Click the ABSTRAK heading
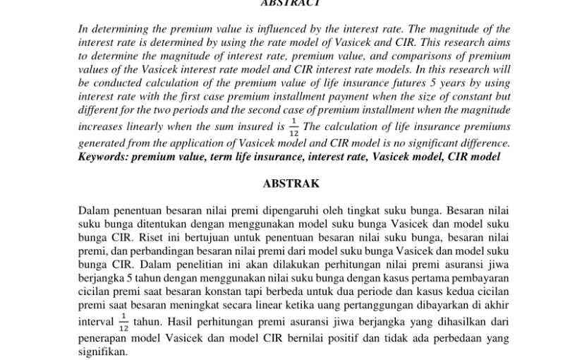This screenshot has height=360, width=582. click(x=291, y=184)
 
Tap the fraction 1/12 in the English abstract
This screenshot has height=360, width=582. click(x=295, y=128)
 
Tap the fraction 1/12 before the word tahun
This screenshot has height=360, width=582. click(x=124, y=323)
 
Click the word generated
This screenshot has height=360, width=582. click(x=101, y=143)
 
